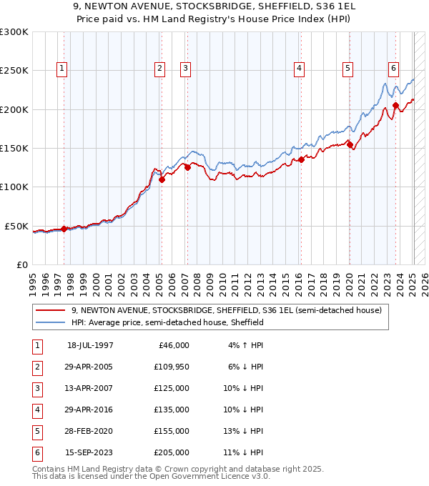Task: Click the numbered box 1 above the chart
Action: click(x=63, y=69)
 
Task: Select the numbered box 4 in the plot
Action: click(x=298, y=69)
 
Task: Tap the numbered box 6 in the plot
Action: click(x=393, y=69)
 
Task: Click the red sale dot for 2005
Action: click(x=162, y=180)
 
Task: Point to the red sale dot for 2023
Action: click(x=396, y=106)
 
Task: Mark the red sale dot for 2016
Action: click(x=302, y=160)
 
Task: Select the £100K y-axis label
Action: click(x=14, y=187)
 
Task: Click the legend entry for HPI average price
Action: click(x=167, y=323)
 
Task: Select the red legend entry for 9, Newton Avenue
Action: click(x=227, y=310)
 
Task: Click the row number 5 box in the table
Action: click(x=36, y=431)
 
